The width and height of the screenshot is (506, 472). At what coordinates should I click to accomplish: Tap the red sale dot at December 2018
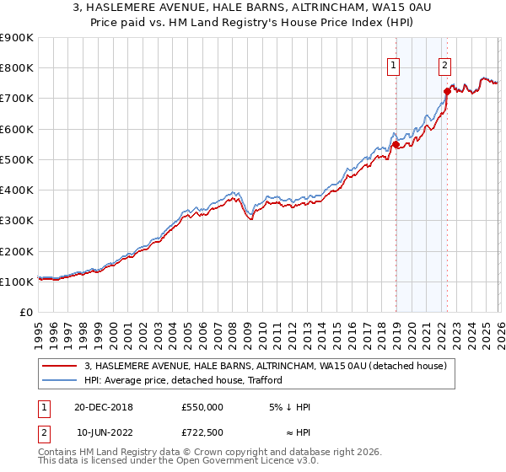click(x=396, y=144)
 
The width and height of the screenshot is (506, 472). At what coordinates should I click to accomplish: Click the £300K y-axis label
click(x=17, y=221)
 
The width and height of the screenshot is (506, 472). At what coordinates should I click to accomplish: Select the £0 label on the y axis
click(x=25, y=313)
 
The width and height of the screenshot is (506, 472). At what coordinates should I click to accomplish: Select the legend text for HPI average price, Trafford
click(x=186, y=380)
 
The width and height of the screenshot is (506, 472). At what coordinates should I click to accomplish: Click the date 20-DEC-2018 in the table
click(x=105, y=407)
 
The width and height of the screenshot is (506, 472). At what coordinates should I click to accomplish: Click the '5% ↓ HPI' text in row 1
click(x=290, y=407)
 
